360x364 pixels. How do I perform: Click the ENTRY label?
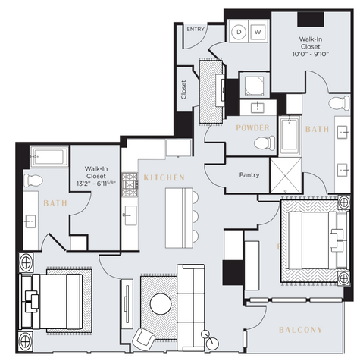pyautogui.click(x=196, y=29)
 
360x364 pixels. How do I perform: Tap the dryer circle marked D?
pyautogui.click(x=239, y=32)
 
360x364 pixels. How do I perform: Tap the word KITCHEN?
pyautogui.click(x=164, y=177)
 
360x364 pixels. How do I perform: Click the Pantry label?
pyautogui.click(x=249, y=175)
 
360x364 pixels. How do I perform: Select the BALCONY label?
pyautogui.click(x=300, y=330)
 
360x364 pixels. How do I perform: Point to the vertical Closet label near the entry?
pyautogui.click(x=183, y=89)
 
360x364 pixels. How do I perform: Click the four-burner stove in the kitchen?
pyautogui.click(x=129, y=181)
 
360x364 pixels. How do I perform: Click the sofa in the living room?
pyautogui.click(x=190, y=300)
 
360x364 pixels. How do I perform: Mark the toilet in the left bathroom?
pyautogui.click(x=31, y=180)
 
